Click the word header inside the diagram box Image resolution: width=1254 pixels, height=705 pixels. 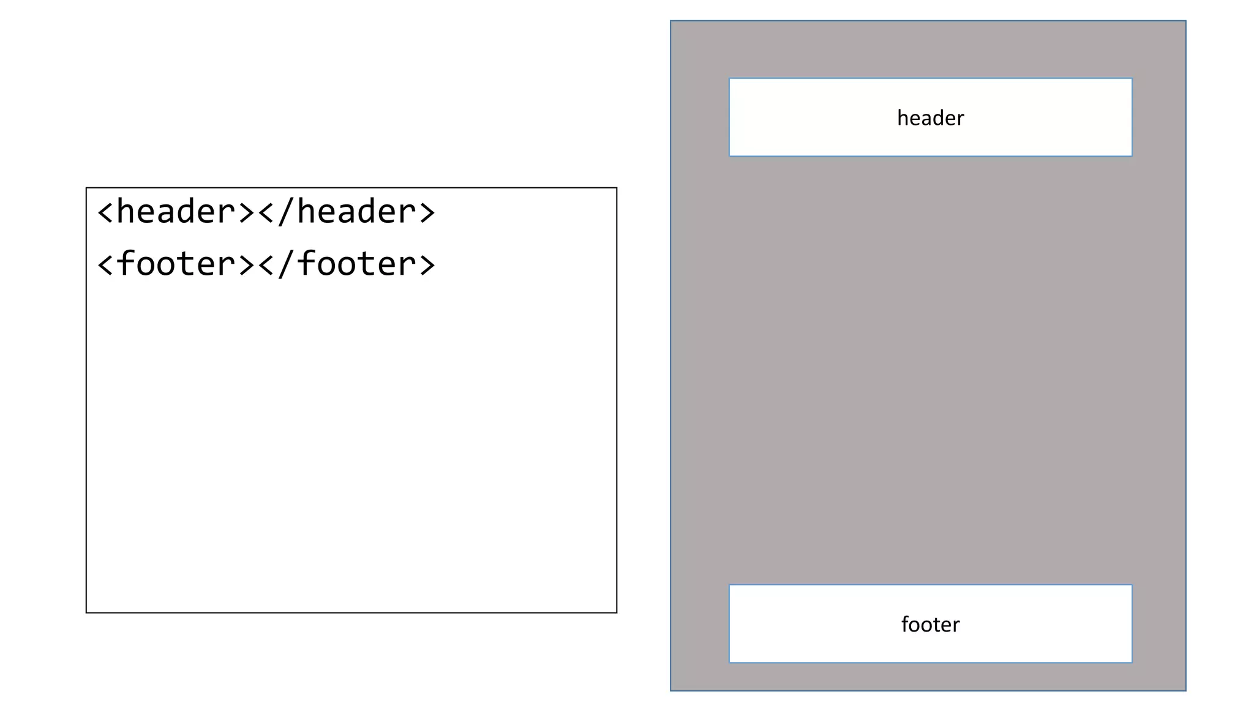[x=930, y=118]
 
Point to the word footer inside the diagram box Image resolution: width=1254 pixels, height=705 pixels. [x=930, y=624]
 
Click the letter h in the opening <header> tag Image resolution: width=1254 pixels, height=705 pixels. [x=125, y=212]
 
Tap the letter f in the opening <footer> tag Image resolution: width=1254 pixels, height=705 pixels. [x=125, y=264]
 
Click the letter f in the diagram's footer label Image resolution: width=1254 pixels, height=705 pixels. [x=905, y=624]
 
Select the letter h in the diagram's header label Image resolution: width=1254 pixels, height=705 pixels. [x=902, y=117]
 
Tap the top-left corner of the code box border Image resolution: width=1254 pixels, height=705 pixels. [x=86, y=188]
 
